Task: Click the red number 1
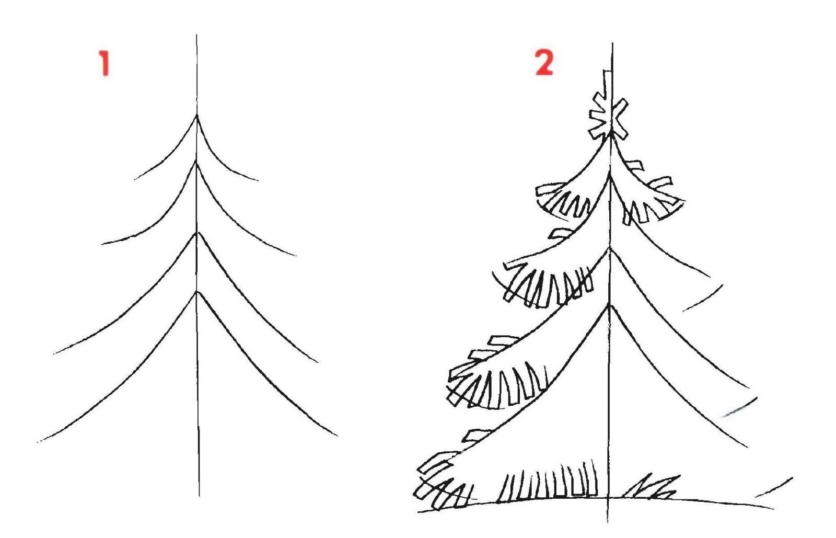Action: [x=104, y=63]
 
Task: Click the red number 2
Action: [x=544, y=62]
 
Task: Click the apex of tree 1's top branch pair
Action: [x=196, y=116]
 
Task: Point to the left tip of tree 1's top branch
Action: [x=135, y=179]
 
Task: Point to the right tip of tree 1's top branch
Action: [x=258, y=181]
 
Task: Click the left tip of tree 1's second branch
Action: [x=101, y=244]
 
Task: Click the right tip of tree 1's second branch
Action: [x=296, y=256]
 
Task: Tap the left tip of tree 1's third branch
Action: [x=53, y=353]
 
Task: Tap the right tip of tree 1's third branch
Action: [x=318, y=362]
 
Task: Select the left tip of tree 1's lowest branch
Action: [x=37, y=442]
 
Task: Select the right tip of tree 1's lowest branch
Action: [x=338, y=436]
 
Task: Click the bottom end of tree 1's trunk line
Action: [x=199, y=497]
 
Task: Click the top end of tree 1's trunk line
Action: [x=196, y=35]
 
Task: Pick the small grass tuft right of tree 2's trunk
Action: [x=651, y=486]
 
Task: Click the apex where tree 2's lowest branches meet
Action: [x=609, y=305]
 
